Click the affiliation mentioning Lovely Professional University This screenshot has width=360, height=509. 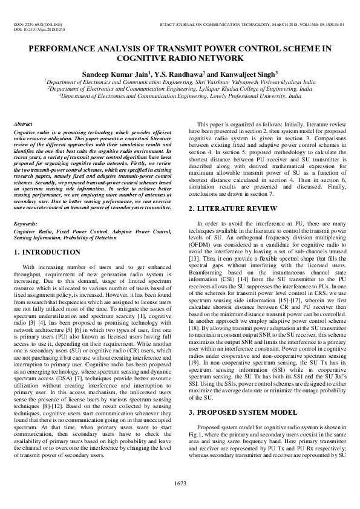[180, 96]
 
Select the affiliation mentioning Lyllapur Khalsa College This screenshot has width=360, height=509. [180, 88]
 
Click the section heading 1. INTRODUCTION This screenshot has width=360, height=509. [48, 251]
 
